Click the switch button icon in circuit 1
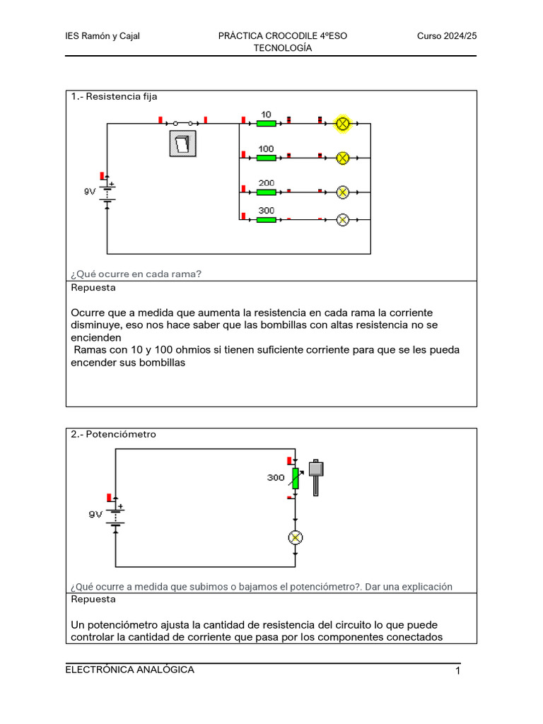(x=182, y=144)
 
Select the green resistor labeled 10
(x=266, y=124)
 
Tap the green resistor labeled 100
(x=266, y=158)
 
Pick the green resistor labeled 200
(x=266, y=192)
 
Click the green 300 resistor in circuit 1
(x=266, y=219)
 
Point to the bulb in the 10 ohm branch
(x=343, y=124)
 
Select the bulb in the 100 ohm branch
(x=343, y=158)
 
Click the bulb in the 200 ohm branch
(x=343, y=192)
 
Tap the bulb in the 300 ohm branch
(x=343, y=219)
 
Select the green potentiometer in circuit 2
(x=296, y=479)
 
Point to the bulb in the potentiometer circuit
(x=296, y=538)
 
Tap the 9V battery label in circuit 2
(x=95, y=515)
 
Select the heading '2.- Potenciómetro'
(x=113, y=434)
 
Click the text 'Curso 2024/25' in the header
(x=447, y=36)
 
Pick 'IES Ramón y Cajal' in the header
(x=103, y=36)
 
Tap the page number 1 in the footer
(x=458, y=671)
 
